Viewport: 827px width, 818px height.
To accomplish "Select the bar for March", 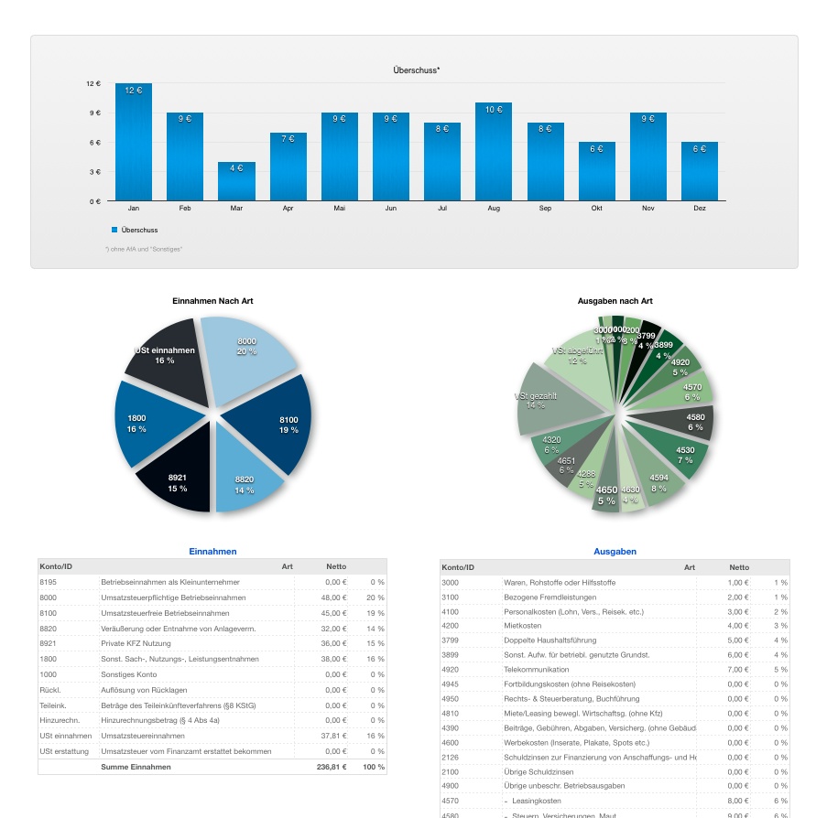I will click(x=236, y=181).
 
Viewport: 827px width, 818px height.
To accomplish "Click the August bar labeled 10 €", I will click(x=494, y=151).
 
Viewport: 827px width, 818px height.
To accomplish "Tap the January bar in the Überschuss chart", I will click(x=134, y=142).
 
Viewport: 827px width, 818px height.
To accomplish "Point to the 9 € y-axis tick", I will click(x=93, y=113).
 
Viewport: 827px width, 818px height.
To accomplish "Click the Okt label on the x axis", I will click(x=596, y=209).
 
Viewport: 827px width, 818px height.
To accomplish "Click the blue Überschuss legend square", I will click(x=114, y=230).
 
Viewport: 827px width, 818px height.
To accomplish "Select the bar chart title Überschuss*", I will click(x=416, y=70).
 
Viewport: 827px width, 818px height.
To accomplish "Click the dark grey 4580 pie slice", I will click(x=687, y=423).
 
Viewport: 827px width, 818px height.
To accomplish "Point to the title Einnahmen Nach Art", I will click(x=212, y=301).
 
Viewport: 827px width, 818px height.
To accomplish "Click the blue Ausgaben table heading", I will click(x=615, y=552).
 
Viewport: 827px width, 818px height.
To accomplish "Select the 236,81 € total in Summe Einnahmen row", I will click(x=332, y=767).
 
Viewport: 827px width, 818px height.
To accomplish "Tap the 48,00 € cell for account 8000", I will click(x=333, y=597).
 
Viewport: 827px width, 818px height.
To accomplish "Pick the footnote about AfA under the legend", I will click(x=144, y=249).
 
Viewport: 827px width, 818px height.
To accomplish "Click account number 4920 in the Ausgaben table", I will click(x=451, y=670).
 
